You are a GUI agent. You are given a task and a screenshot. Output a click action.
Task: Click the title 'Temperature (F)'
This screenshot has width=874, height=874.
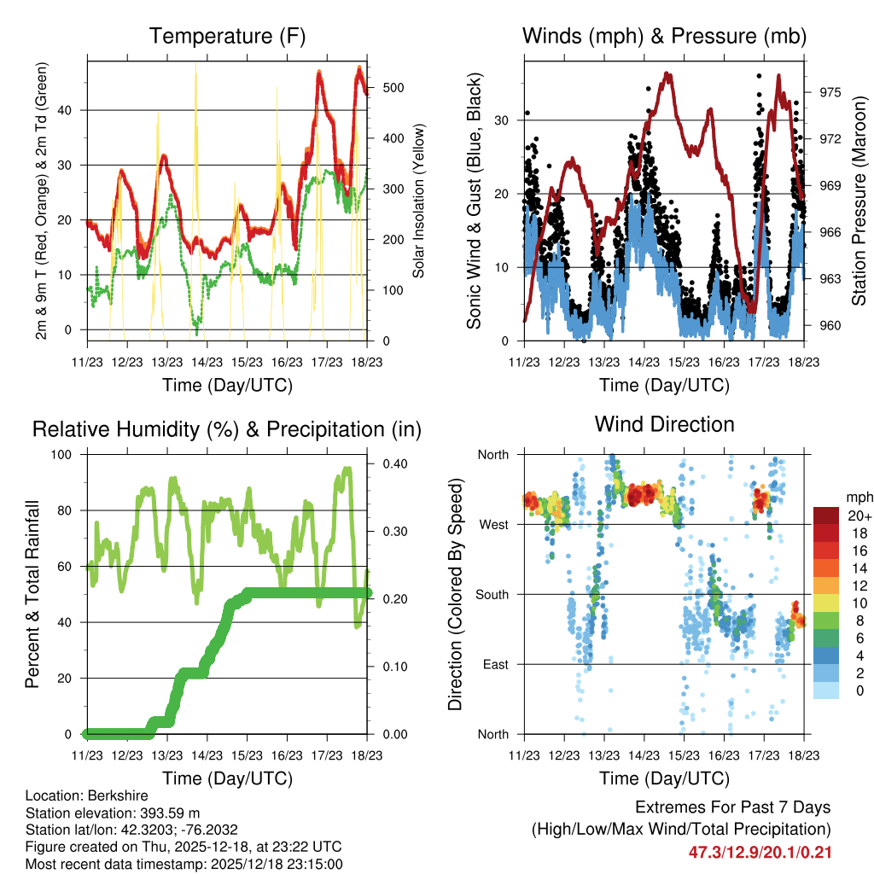[227, 37]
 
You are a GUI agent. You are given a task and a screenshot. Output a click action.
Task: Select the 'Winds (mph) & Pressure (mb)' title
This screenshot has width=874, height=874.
[664, 37]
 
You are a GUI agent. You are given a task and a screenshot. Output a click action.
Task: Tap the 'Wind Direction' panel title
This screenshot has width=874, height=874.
[664, 424]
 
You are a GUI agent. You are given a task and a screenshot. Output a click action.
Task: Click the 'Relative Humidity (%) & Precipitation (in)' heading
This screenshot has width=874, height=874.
[227, 429]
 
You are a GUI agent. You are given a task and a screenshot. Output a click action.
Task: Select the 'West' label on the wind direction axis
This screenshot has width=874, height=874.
[492, 524]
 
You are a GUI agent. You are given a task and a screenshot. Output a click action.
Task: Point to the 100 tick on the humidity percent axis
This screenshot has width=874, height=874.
[65, 455]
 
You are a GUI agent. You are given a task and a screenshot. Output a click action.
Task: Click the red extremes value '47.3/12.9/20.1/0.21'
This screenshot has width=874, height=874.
[760, 853]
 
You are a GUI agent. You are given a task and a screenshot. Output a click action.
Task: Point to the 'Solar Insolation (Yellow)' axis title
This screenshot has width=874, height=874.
[418, 201]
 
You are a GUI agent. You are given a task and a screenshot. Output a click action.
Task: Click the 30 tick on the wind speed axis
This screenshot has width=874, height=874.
[503, 120]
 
